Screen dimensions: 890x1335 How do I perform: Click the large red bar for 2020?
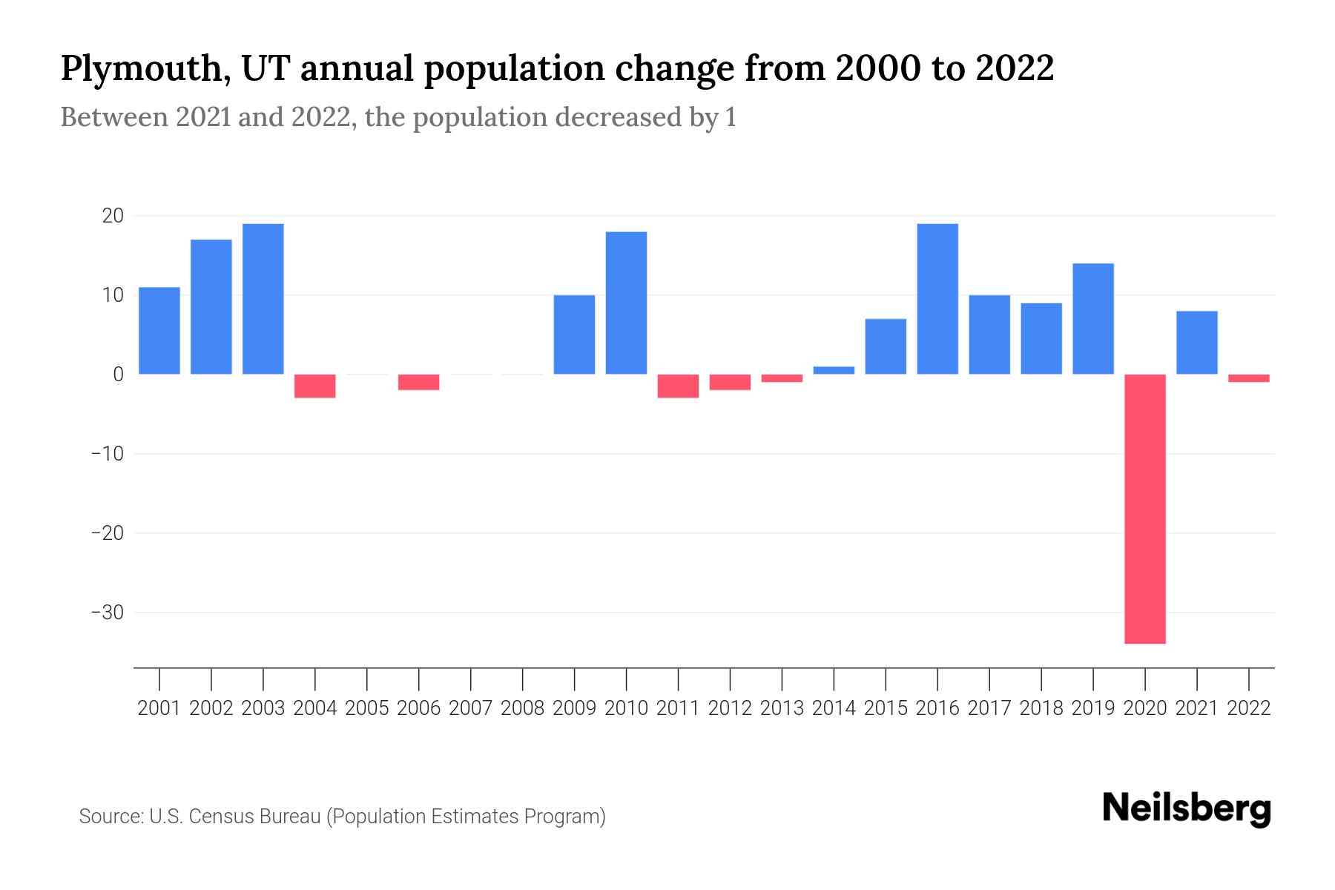point(1145,509)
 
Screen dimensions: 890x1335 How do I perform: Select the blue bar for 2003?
point(263,299)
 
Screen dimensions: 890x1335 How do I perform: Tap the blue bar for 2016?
point(937,299)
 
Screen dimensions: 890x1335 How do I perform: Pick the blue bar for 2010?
point(627,303)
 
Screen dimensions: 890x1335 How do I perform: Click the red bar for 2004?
point(315,386)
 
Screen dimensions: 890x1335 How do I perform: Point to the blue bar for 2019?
point(1093,319)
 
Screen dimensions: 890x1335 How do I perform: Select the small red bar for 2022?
point(1249,378)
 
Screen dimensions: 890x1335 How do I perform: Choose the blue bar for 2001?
point(159,331)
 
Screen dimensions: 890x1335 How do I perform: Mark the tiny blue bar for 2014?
point(834,370)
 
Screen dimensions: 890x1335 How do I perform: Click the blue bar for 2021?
point(1197,343)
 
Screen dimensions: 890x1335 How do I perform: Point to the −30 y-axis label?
point(107,613)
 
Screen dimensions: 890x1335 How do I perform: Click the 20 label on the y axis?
point(113,216)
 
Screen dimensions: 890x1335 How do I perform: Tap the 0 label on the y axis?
point(118,375)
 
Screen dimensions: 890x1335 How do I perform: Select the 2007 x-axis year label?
point(471,708)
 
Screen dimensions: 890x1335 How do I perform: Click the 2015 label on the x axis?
point(886,708)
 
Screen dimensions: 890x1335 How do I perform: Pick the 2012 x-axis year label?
point(730,708)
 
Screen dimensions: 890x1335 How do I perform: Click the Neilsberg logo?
point(1187,809)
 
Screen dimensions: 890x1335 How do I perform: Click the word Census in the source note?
point(225,817)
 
